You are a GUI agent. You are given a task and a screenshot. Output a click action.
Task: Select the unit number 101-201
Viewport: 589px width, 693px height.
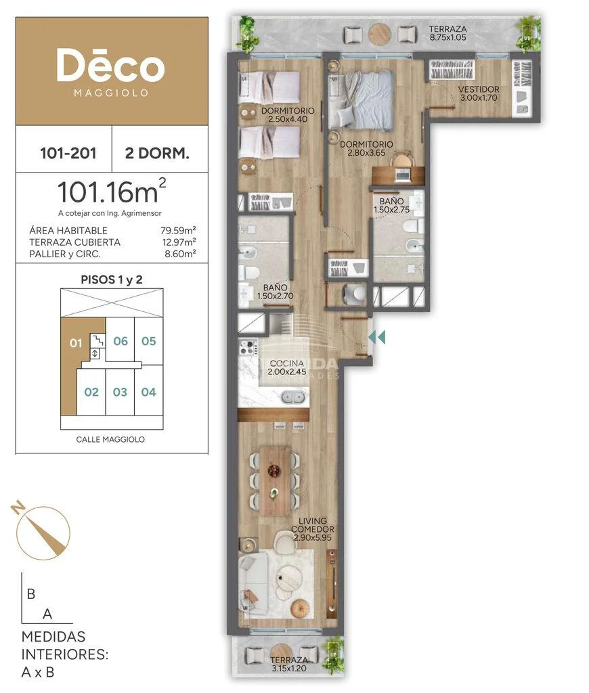68,153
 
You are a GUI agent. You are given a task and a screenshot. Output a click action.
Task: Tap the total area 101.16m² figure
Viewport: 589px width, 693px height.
112,191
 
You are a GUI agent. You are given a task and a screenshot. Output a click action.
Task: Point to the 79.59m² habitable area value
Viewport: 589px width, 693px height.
178,230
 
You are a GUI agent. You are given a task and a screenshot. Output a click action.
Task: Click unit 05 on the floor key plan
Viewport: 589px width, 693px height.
148,341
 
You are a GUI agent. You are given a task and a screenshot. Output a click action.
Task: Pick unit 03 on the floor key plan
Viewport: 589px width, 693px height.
120,392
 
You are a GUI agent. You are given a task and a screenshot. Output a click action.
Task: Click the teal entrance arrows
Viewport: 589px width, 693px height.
376,337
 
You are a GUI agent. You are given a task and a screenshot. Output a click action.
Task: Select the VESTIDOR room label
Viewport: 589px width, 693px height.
479,89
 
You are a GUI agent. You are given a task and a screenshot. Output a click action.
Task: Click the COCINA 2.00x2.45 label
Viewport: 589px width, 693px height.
287,367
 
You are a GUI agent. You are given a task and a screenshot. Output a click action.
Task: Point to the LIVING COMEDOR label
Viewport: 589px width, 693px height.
313,525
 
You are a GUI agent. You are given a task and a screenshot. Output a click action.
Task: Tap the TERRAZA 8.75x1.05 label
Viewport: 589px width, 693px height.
448,33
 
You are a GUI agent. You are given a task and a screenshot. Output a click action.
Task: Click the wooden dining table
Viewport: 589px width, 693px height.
275,481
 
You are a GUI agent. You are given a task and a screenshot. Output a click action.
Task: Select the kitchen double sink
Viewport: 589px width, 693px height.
294,397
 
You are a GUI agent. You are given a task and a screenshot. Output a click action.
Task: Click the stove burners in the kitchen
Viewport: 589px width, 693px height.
248,347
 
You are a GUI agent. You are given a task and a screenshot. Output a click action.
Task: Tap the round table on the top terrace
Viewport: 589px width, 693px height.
380,34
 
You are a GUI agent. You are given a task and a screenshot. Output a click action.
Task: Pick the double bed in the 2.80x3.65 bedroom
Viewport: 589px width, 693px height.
360,100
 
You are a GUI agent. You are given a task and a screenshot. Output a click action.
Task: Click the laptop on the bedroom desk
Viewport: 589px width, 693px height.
402,175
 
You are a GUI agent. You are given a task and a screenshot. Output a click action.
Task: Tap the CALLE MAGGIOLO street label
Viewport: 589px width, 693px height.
110,439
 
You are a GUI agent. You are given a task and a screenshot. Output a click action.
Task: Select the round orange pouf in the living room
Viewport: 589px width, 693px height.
299,608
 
